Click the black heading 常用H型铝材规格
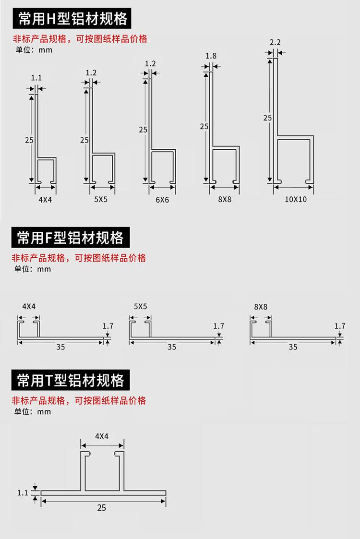pyautogui.click(x=72, y=19)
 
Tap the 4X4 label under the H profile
pyautogui.click(x=45, y=199)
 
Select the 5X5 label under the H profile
pyautogui.click(x=101, y=199)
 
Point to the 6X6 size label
pyautogui.click(x=162, y=200)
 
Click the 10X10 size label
pyautogui.click(x=296, y=199)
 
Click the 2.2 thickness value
pyautogui.click(x=275, y=43)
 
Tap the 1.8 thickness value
pyautogui.click(x=211, y=56)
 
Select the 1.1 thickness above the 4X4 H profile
pyautogui.click(x=36, y=78)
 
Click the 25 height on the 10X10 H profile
pyautogui.click(x=267, y=117)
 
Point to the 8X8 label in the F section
pyautogui.click(x=261, y=307)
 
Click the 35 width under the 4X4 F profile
pyautogui.click(x=60, y=347)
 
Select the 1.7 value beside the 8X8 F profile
pyautogui.click(x=340, y=326)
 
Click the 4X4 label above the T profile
pyautogui.click(x=102, y=436)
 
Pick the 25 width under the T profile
pyautogui.click(x=101, y=508)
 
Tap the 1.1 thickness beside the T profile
pyautogui.click(x=23, y=492)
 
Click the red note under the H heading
pyautogui.click(x=80, y=39)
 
